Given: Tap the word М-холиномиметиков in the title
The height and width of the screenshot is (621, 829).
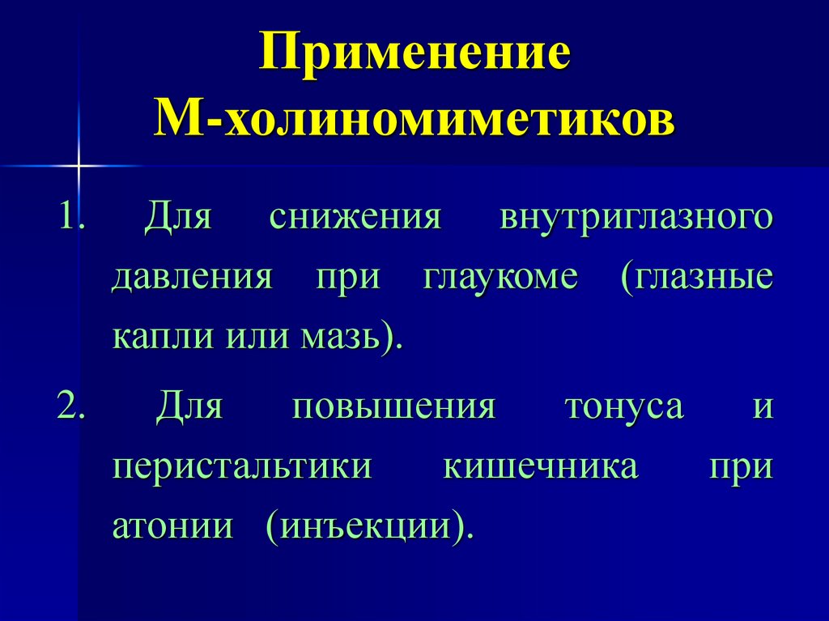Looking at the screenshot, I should tap(414, 120).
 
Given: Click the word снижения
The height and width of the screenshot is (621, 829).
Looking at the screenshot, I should tap(355, 218).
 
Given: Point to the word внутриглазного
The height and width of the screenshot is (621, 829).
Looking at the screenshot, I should tap(636, 219).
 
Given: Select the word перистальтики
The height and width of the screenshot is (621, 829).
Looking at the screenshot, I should tap(241, 467).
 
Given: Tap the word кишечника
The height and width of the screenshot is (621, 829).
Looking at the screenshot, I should tap(540, 467).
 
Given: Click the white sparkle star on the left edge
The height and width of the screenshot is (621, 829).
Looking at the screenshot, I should tap(79, 165).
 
